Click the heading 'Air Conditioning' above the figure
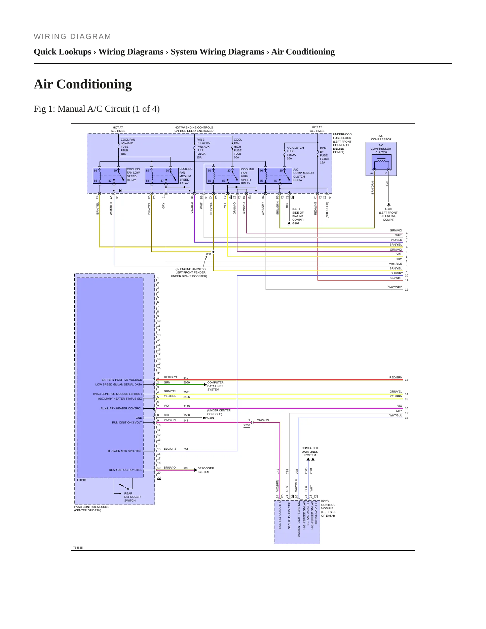(83, 84)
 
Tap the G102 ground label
(296, 223)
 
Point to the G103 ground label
(388, 209)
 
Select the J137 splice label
(209, 254)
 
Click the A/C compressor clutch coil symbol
(381, 161)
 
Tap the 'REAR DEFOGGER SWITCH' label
(132, 497)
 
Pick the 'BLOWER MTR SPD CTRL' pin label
(125, 451)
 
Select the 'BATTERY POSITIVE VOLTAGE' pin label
(122, 380)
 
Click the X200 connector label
(247, 425)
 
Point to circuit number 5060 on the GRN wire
(186, 382)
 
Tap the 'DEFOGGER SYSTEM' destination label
(205, 470)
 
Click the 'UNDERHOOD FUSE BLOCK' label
(342, 143)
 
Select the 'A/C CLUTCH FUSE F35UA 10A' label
(295, 153)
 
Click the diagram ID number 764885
(78, 548)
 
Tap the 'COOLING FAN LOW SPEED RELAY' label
(133, 175)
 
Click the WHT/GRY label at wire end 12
(395, 288)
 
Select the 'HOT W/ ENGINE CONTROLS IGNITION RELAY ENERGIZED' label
(193, 129)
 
